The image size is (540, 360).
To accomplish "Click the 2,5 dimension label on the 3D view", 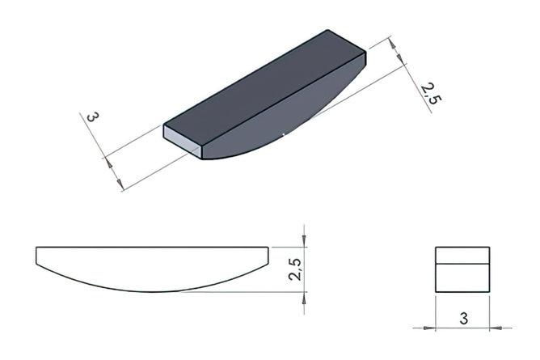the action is coord(431,93).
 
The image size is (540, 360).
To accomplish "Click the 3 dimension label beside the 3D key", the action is coord(92,116).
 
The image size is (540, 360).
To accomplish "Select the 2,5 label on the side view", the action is coord(295,269).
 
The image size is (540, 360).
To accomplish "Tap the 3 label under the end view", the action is coord(463,318).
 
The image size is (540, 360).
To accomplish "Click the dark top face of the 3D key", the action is coord(264,91).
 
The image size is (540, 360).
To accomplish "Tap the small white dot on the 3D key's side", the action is coord(283,134).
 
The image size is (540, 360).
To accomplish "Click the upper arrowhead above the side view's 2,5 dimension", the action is coord(304,240).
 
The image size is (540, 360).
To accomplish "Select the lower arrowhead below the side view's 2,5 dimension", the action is coord(304,299).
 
